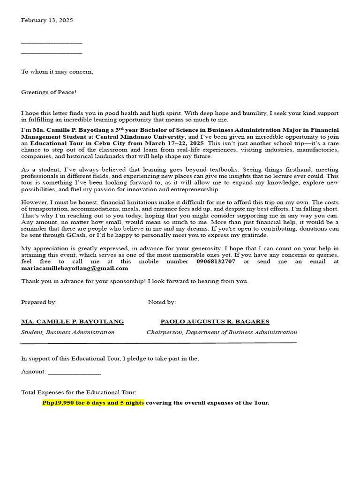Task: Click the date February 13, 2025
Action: pos(47,20)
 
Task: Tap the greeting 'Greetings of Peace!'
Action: pos(49,92)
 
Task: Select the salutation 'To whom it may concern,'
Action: pos(57,72)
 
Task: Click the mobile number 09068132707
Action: pos(216,262)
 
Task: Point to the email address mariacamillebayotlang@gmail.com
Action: pos(75,268)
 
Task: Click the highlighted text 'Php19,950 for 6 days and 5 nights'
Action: pos(93,403)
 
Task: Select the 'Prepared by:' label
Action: pos(39,302)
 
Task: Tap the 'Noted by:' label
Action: pos(162,302)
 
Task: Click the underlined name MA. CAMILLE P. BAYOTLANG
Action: pos(73,322)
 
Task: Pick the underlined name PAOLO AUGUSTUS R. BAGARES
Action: pos(215,322)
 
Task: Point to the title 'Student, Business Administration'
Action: pos(68,332)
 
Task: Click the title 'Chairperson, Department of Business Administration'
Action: pos(222,332)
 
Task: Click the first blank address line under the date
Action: pos(52,43)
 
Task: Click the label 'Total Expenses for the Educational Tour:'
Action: pos(79,392)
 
